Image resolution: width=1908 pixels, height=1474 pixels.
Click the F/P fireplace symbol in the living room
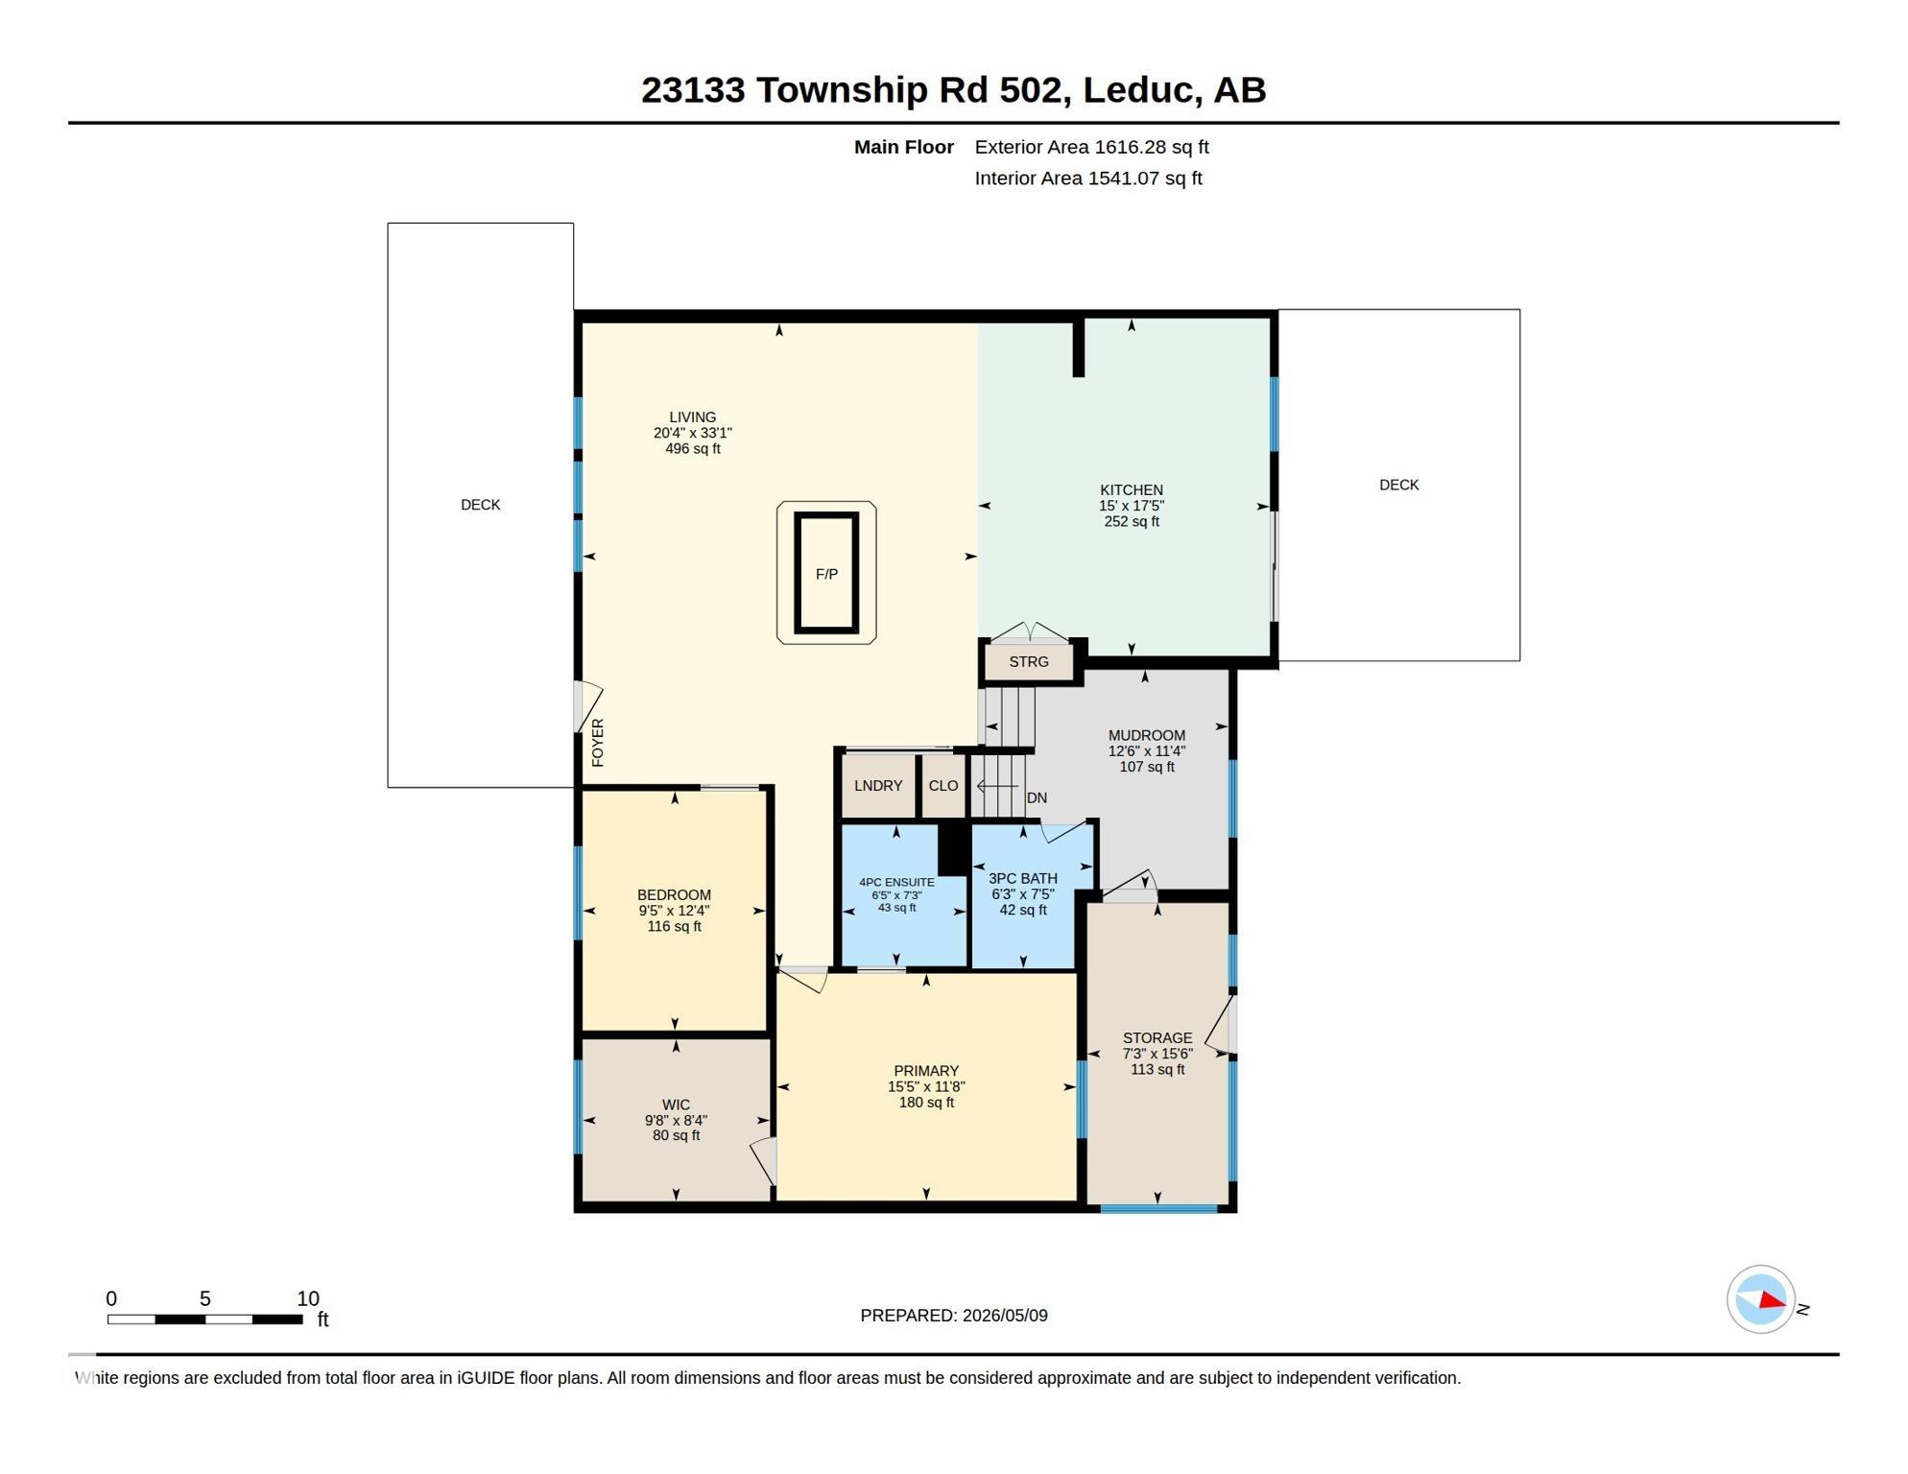[x=825, y=573]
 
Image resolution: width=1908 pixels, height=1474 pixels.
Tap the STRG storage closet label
[x=1028, y=661]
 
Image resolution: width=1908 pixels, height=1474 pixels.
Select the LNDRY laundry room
[x=877, y=785]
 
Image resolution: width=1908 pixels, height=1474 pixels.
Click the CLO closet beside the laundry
[x=942, y=785]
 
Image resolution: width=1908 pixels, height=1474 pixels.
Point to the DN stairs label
[x=1037, y=797]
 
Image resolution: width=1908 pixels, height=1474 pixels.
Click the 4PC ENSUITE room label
[x=896, y=882]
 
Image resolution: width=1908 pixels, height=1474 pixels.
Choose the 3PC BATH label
[x=1023, y=878]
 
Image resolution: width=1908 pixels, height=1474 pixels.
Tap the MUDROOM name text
[x=1146, y=735]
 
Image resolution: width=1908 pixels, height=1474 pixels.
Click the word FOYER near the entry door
[x=598, y=742]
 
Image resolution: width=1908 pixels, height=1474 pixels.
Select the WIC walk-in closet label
[x=676, y=1105]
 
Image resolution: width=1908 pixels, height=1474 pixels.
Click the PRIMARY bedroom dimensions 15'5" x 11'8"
[x=926, y=1086]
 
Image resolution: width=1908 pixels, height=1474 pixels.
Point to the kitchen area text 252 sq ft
[x=1132, y=521]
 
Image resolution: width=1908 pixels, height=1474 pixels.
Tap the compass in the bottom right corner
[x=1760, y=1299]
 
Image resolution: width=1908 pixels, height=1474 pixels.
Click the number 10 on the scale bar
[x=307, y=1298]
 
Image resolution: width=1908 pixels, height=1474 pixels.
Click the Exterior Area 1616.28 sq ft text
[x=1091, y=147]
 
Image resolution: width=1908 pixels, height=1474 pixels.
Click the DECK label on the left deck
[x=480, y=505]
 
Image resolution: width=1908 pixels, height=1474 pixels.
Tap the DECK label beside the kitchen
[x=1398, y=485]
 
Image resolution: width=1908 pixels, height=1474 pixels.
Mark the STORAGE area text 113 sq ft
[x=1157, y=1069]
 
